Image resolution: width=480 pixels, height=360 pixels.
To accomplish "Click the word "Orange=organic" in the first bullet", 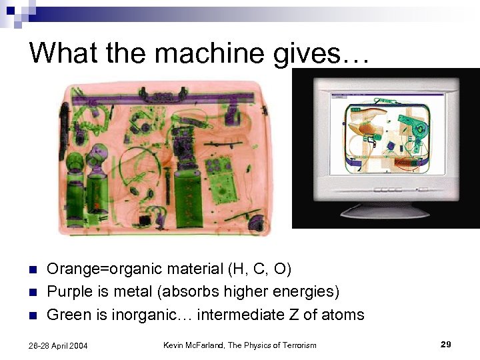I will pos(97,269).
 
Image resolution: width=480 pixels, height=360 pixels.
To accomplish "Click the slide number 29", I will pos(446,345).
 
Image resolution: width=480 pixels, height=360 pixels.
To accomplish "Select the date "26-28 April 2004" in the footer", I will pos(59,345).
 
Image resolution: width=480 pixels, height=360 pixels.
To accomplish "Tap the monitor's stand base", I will pos(386,211).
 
